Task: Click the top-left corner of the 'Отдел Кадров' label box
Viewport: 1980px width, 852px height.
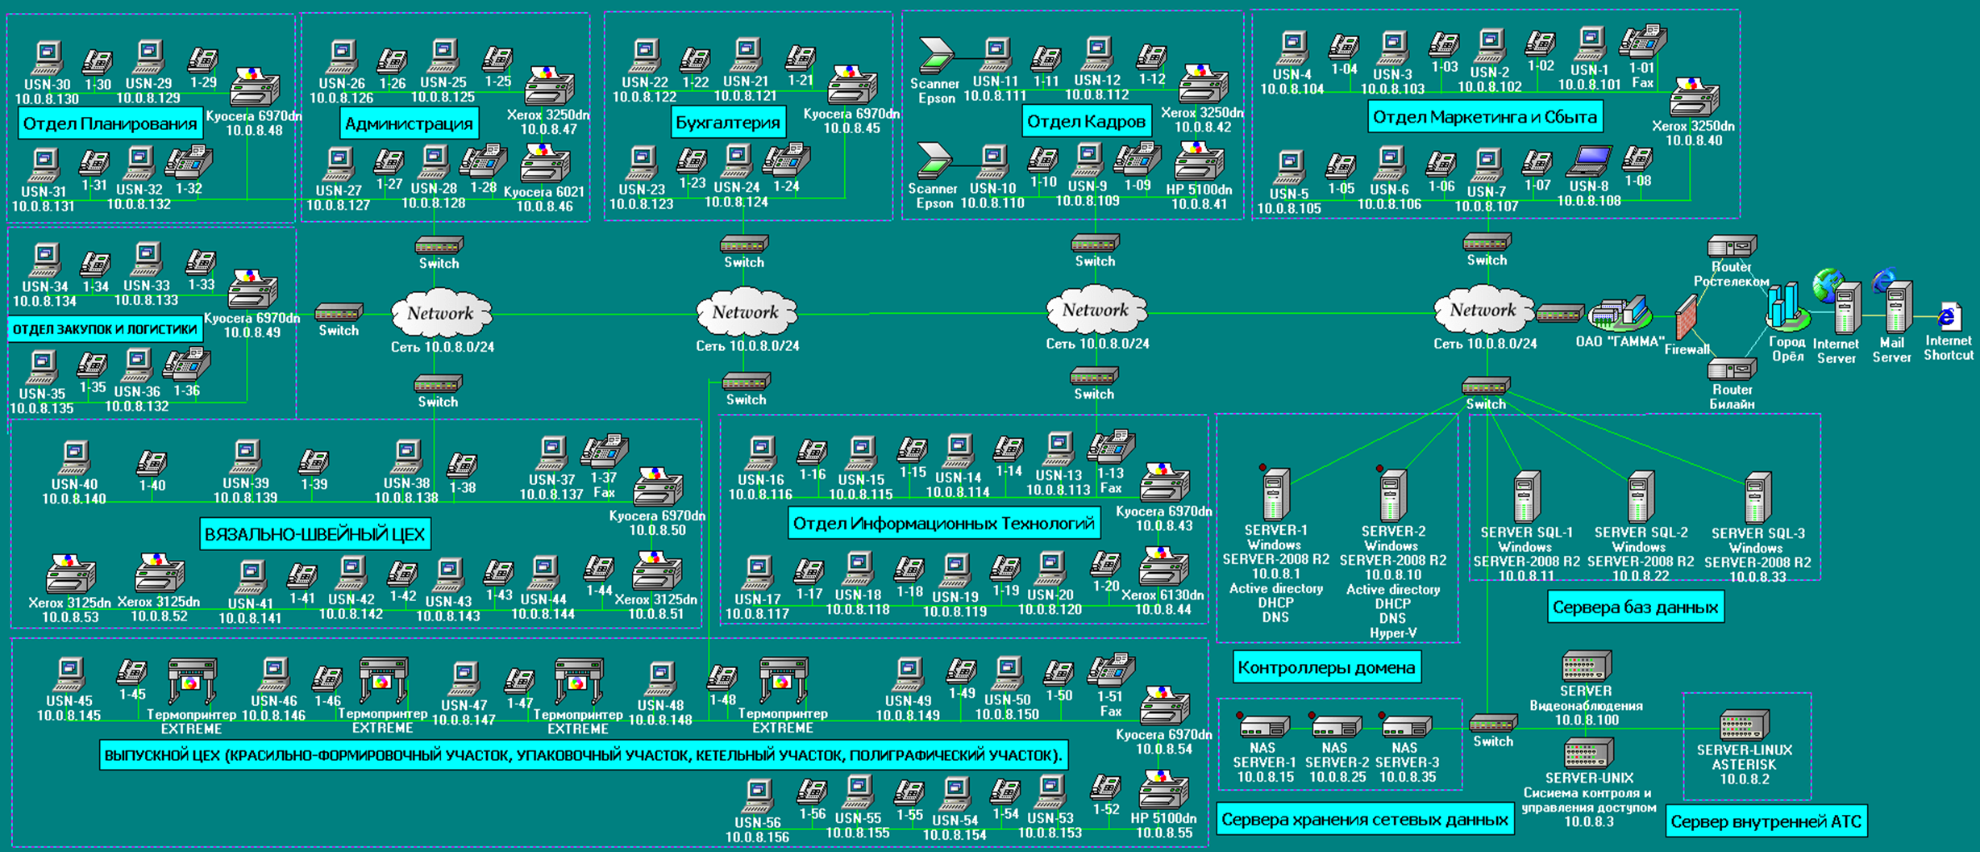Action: coord(1021,106)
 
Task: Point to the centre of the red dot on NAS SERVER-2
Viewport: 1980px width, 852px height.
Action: coord(1312,715)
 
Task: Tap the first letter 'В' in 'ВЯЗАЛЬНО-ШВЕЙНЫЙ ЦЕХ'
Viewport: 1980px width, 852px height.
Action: coord(210,535)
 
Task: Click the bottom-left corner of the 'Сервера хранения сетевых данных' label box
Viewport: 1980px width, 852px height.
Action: coord(1217,834)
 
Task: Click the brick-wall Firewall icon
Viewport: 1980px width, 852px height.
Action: coord(1686,317)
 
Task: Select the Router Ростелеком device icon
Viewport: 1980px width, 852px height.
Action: coord(1732,246)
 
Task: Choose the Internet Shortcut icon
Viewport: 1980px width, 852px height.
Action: coord(1949,316)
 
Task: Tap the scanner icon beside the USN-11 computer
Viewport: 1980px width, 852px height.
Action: coord(937,54)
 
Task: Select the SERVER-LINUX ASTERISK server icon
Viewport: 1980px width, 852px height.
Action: coord(1745,725)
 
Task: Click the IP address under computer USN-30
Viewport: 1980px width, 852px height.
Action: coord(47,99)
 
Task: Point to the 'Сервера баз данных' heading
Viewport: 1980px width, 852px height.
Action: coord(1635,608)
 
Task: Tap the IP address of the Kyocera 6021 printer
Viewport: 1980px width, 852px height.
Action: coord(544,207)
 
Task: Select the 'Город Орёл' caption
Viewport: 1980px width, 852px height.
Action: coord(1787,349)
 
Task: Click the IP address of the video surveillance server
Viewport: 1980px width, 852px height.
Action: coord(1586,720)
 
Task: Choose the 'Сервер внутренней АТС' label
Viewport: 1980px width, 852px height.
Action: coord(1766,822)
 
